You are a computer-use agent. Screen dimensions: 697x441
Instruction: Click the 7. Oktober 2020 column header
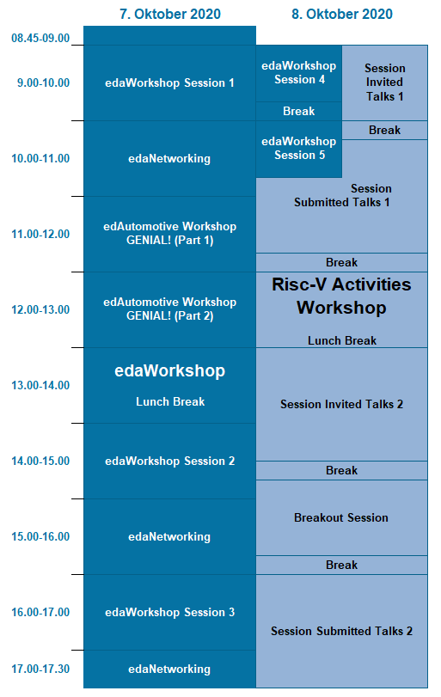pyautogui.click(x=169, y=14)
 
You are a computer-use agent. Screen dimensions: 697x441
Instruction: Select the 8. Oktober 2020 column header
pyautogui.click(x=342, y=14)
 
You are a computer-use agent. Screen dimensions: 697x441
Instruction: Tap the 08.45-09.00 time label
pyautogui.click(x=40, y=38)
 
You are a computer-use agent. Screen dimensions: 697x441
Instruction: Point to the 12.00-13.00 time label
pyautogui.click(x=40, y=309)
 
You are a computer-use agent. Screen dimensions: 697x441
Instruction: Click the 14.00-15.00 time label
pyautogui.click(x=40, y=461)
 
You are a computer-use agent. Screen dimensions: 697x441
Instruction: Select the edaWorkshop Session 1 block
pyautogui.click(x=169, y=83)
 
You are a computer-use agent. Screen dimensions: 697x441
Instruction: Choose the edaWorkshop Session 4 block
pyautogui.click(x=298, y=72)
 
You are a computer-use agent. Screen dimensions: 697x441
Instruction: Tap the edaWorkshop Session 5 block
pyautogui.click(x=298, y=148)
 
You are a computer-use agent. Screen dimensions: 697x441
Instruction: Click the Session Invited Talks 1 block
pyautogui.click(x=384, y=83)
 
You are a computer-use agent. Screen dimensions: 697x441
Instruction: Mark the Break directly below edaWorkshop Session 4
pyautogui.click(x=298, y=111)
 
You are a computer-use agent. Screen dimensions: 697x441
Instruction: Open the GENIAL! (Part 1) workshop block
pyautogui.click(x=169, y=233)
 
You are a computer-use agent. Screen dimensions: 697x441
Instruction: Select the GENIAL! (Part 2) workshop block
pyautogui.click(x=169, y=309)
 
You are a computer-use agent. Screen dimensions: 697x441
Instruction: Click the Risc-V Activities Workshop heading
pyautogui.click(x=341, y=296)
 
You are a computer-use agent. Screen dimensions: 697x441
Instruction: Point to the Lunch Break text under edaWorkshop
pyautogui.click(x=169, y=401)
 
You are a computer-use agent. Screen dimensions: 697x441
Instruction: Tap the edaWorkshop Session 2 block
pyautogui.click(x=169, y=461)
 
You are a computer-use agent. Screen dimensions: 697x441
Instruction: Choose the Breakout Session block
pyautogui.click(x=341, y=517)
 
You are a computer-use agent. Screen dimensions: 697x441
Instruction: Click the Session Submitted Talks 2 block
pyautogui.click(x=341, y=631)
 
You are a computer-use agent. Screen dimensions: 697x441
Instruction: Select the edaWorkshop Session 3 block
pyautogui.click(x=169, y=612)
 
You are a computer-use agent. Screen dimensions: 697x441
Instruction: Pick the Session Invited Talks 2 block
pyautogui.click(x=341, y=404)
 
